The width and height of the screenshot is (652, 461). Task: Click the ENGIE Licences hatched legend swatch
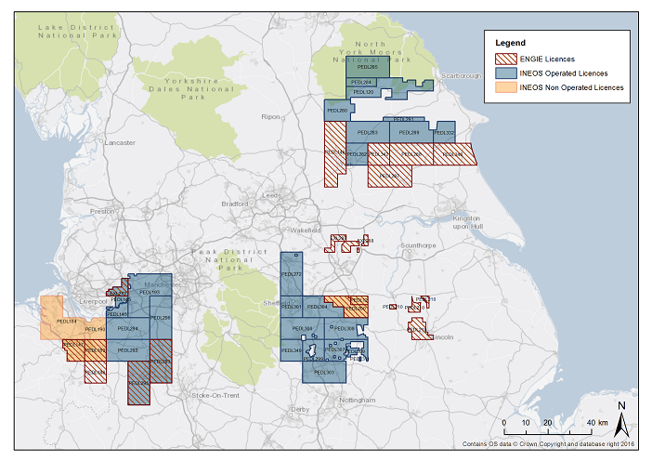tap(505, 58)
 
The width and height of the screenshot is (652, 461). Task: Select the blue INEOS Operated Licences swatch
tap(505, 72)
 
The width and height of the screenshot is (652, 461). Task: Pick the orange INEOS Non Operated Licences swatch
tap(505, 87)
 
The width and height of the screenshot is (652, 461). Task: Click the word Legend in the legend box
tap(510, 43)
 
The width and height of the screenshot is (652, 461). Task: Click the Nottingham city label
tap(357, 400)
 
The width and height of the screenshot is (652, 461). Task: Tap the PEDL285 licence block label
tap(365, 67)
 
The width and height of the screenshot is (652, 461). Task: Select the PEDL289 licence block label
tap(409, 133)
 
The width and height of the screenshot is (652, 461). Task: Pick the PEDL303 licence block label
tap(324, 372)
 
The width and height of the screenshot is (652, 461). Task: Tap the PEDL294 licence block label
tap(128, 329)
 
